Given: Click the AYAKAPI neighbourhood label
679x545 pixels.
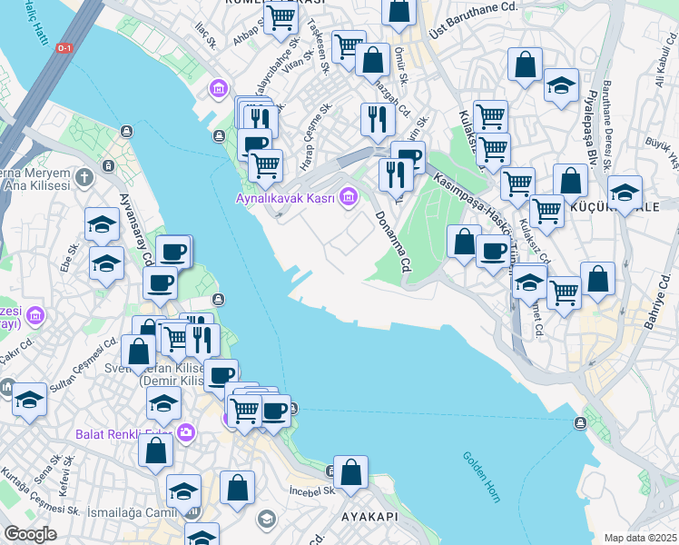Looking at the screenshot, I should (x=371, y=516).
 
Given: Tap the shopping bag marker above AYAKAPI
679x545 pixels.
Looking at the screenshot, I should (x=350, y=472).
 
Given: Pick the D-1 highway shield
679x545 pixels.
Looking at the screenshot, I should (x=64, y=47).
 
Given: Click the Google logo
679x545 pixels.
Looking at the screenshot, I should (x=30, y=533).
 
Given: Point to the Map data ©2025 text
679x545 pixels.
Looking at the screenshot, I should (x=640, y=538).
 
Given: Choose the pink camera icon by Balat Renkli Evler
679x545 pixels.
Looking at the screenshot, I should (x=186, y=431).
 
